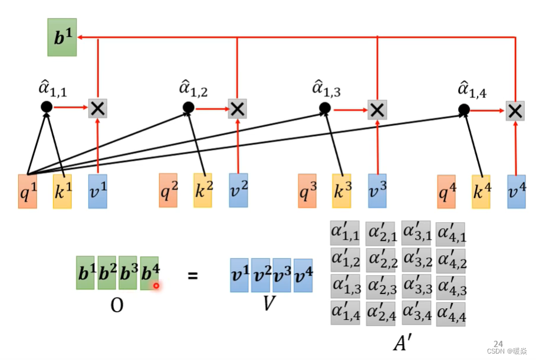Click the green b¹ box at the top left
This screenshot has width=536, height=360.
pos(62,37)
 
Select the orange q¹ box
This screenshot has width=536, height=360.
pos(27,191)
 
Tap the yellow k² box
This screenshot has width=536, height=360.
pos(202,190)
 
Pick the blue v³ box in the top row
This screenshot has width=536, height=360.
pos(377,191)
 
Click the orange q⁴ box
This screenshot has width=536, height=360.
pos(446,191)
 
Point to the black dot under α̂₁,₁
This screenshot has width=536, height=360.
pos(46,107)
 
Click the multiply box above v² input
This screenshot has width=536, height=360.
pos(237,108)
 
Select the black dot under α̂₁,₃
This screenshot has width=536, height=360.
pos(325,108)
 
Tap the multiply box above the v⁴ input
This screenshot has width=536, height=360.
pos(515,110)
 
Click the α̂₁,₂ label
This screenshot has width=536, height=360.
pos(193,90)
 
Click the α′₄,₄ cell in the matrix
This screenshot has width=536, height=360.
pos(450,313)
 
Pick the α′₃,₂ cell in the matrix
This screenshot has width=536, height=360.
pos(416,260)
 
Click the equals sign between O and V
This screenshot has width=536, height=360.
pos(192,275)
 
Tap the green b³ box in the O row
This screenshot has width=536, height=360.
pos(129,273)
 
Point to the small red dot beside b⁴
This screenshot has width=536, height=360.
pos(156,286)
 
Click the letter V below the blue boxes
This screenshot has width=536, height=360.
pos(269,305)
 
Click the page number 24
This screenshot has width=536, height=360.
pos(498,343)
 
